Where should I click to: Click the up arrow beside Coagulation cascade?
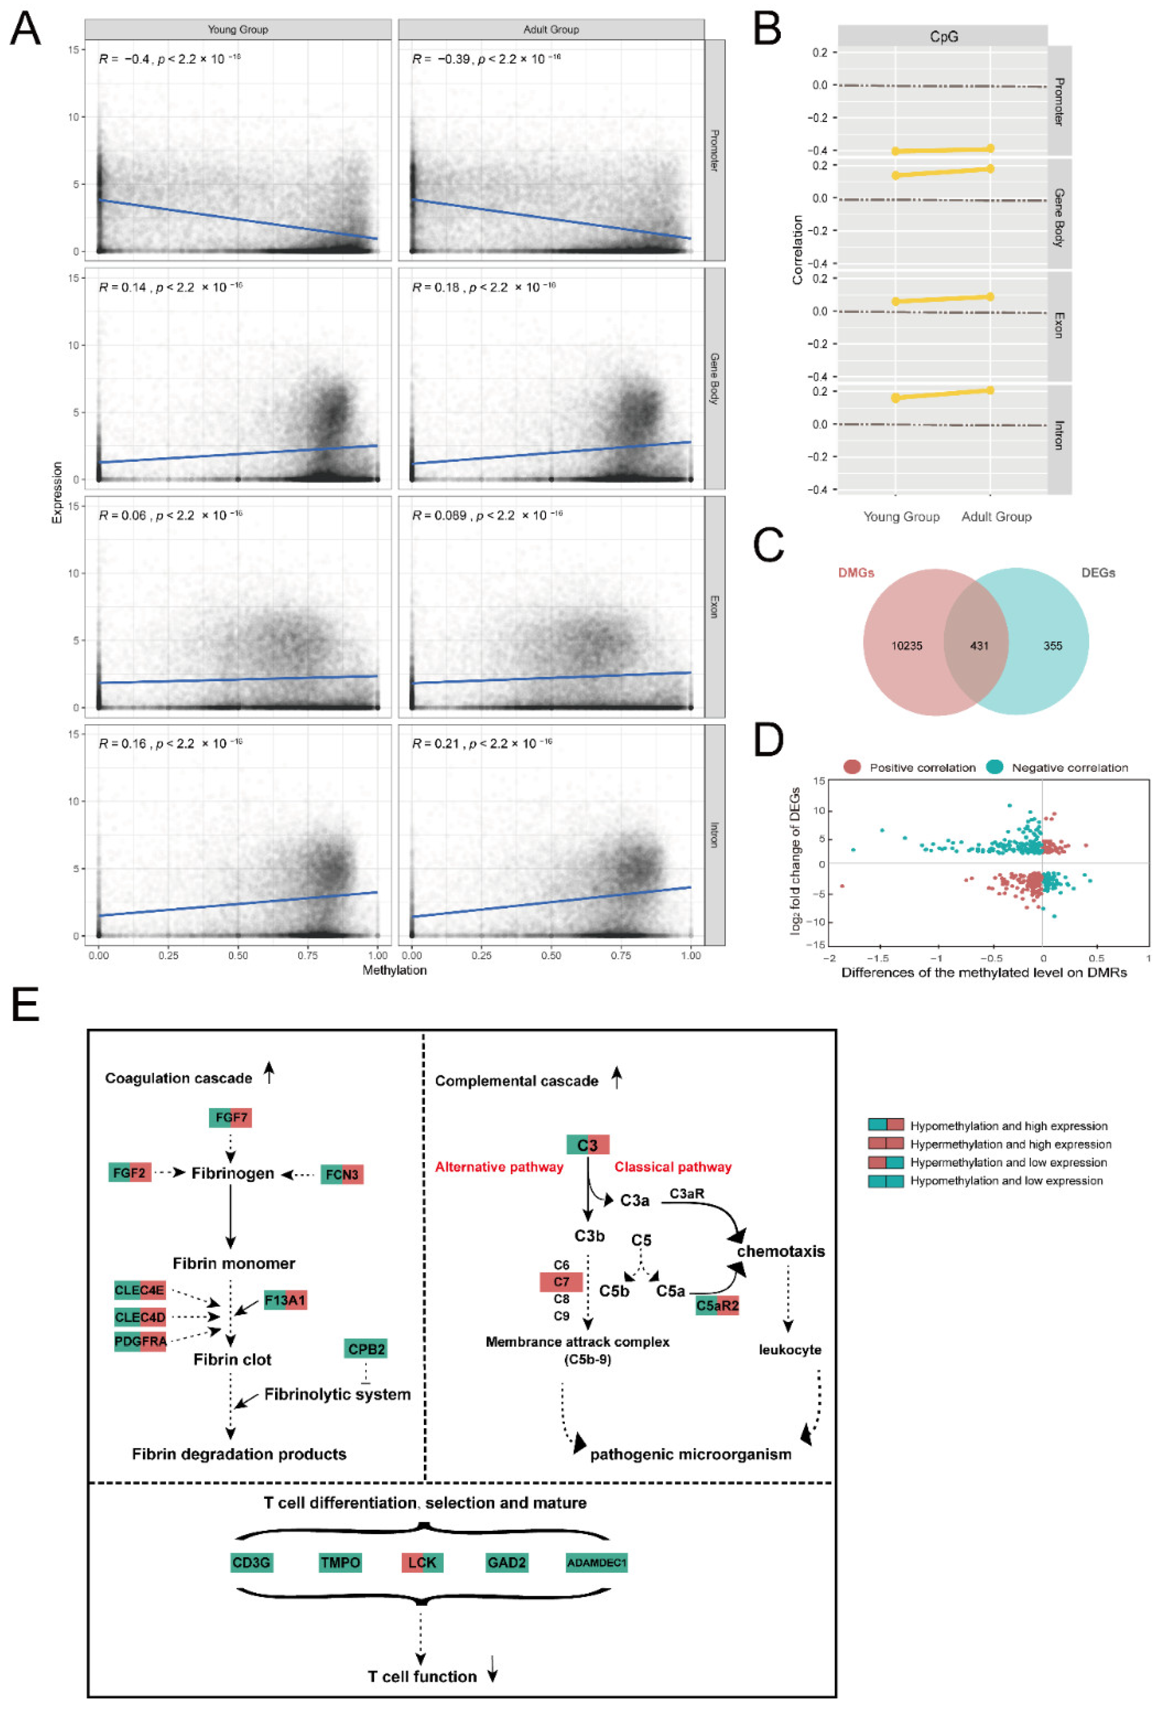(x=269, y=1073)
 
